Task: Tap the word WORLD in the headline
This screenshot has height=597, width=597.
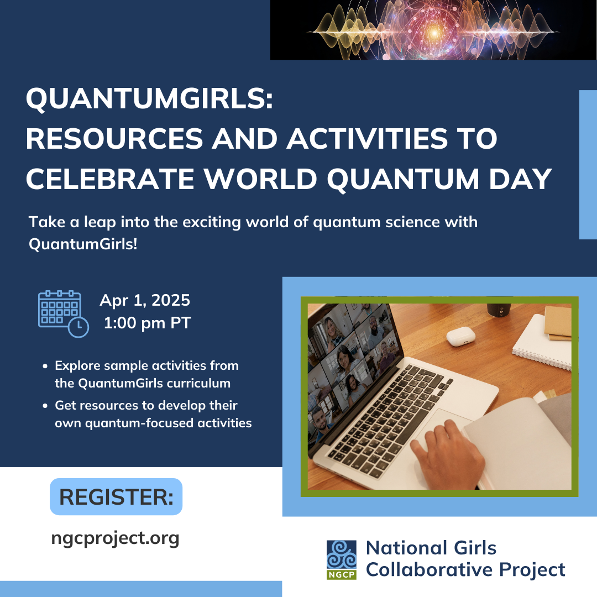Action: (x=260, y=179)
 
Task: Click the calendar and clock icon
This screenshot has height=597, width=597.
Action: (x=63, y=314)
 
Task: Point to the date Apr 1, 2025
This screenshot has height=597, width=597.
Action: (x=145, y=300)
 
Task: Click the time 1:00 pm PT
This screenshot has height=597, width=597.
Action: (x=147, y=323)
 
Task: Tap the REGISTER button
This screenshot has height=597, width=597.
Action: (x=116, y=496)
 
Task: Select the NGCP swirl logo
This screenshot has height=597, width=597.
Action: (x=342, y=559)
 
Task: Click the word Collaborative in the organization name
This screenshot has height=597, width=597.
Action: (x=430, y=570)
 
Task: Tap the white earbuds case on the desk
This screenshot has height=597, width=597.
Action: (x=460, y=336)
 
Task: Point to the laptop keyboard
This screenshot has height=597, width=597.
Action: (x=389, y=420)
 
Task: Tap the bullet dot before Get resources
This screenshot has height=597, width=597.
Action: (x=45, y=406)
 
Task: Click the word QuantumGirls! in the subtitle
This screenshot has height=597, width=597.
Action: (x=83, y=244)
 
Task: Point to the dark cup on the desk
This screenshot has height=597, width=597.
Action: (x=499, y=310)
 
